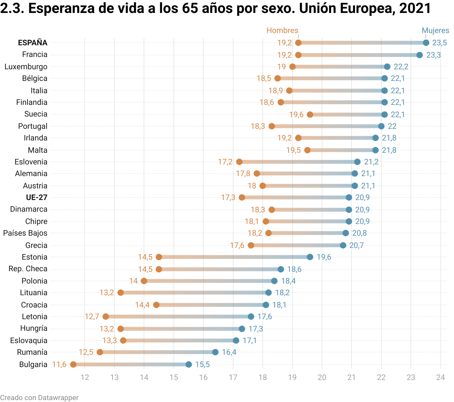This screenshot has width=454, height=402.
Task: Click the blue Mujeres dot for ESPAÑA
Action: tap(426, 43)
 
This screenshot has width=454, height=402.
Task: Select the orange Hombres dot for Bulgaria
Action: tap(73, 364)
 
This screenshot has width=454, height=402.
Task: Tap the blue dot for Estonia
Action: tap(310, 257)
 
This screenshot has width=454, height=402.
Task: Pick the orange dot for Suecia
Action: tap(310, 114)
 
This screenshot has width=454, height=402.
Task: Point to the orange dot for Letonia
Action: tap(106, 317)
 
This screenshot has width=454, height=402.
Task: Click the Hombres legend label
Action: tap(282, 30)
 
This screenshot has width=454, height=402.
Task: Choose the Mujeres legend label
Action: tap(435, 30)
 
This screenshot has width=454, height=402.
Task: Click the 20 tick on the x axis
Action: tap(322, 377)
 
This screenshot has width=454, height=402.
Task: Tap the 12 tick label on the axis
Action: tap(85, 377)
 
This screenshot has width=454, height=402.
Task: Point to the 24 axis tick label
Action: tap(440, 377)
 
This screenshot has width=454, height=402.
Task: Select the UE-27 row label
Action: tap(37, 197)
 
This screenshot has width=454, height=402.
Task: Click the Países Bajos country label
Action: tap(25, 233)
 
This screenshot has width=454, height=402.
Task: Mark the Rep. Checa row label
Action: tap(28, 269)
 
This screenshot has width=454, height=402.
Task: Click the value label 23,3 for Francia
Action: tap(434, 55)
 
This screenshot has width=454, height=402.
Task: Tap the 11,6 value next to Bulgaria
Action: tap(59, 364)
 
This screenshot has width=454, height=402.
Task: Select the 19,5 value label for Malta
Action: tap(293, 150)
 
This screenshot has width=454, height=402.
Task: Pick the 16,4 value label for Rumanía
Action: tap(229, 352)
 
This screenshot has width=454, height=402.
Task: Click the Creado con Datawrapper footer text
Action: tap(39, 397)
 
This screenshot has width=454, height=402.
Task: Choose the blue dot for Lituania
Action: tap(269, 293)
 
